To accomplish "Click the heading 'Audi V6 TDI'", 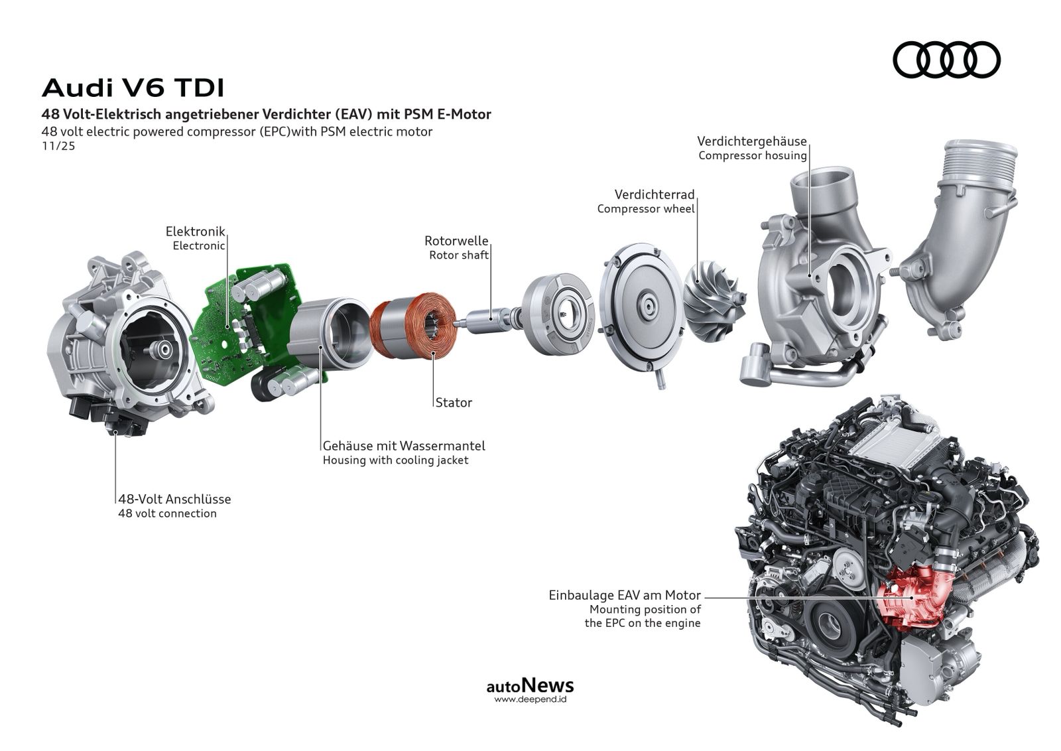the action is coord(133,88).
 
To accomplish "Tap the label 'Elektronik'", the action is coord(195,232).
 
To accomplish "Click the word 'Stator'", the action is coord(454,403).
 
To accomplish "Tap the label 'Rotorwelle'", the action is coord(456,241).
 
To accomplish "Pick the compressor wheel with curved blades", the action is coord(716,301).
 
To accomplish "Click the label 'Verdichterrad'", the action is coord(655,194).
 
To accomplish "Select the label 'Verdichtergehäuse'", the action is coord(752,141).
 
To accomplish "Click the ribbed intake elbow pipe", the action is coord(962,237).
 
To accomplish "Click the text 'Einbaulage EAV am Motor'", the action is coord(625,595).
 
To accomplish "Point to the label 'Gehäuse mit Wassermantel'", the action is coord(404,446).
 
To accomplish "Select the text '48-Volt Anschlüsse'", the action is coord(175,499).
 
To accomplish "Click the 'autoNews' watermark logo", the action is coord(530,685).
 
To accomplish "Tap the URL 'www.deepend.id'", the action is coord(530,699).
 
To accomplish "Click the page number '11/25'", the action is coord(58,146).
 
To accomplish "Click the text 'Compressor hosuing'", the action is coord(753,155).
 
